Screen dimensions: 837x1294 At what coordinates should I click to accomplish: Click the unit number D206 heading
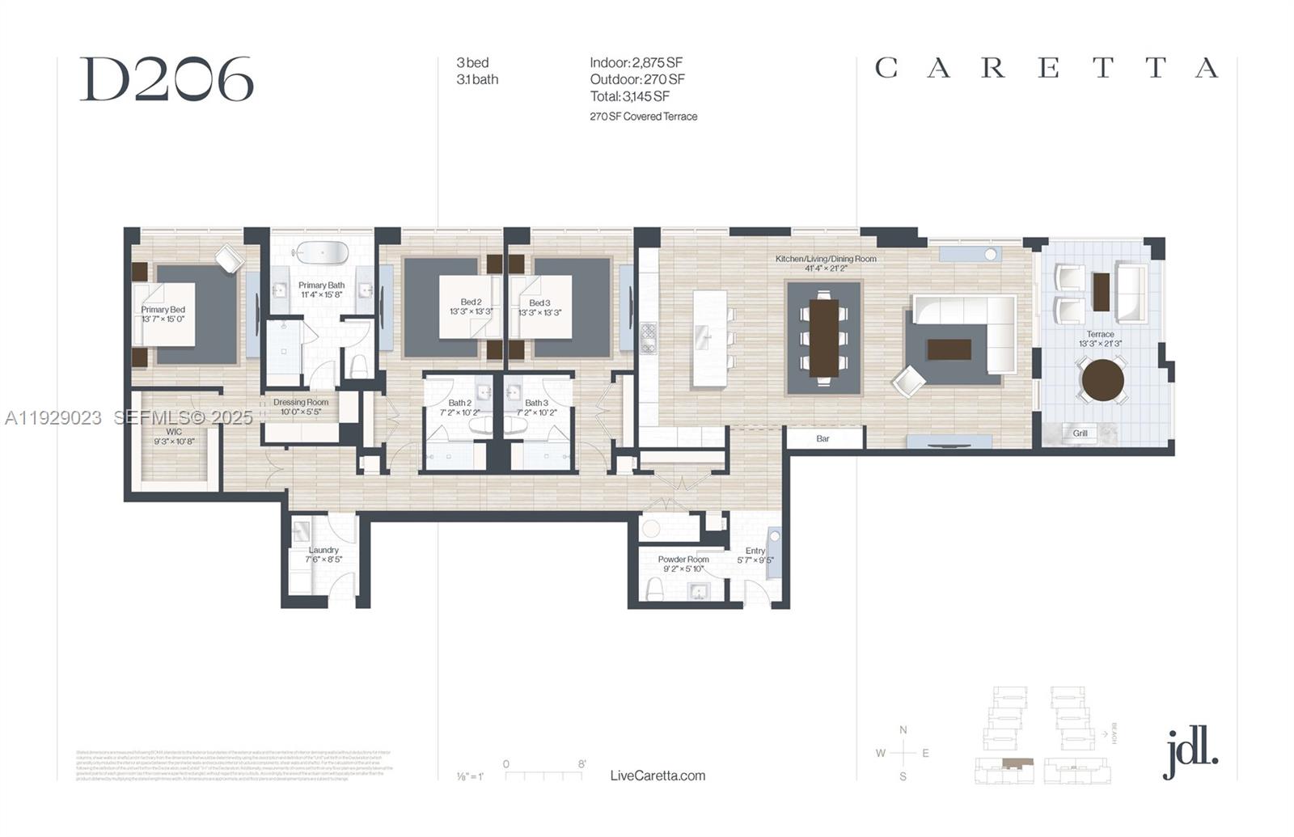[167, 79]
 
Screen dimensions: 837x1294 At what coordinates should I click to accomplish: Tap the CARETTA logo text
[1047, 68]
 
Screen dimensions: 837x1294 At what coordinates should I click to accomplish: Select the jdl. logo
[1190, 752]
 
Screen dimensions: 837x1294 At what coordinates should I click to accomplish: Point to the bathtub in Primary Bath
[321, 252]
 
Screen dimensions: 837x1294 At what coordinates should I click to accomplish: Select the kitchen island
[709, 338]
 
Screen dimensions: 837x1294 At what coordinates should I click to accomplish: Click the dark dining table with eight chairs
[823, 336]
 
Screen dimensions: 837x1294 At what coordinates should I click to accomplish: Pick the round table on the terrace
[1102, 380]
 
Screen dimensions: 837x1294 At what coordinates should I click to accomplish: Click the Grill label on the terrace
[1080, 433]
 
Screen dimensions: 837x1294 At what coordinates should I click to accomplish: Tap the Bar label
[822, 438]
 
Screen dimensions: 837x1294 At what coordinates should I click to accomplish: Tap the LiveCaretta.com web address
[658, 776]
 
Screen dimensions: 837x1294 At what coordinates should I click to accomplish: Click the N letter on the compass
[903, 730]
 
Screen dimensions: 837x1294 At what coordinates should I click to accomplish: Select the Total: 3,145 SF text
[629, 96]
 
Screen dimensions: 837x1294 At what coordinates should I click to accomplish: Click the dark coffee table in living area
[949, 349]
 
